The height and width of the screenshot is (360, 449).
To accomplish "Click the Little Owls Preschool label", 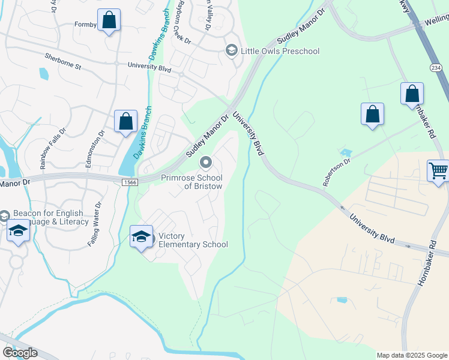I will pyautogui.click(x=280, y=51).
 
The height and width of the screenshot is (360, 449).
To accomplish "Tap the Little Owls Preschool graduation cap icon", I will pyautogui.click(x=231, y=51).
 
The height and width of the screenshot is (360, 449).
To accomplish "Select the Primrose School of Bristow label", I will pyautogui.click(x=191, y=182).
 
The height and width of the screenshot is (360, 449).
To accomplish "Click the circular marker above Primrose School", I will pyautogui.click(x=206, y=162).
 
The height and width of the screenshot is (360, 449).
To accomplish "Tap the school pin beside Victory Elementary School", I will pyautogui.click(x=141, y=236).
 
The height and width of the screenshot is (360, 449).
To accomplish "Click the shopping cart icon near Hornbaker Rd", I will pyautogui.click(x=438, y=170).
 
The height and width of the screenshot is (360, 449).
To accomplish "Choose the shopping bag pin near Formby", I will pyautogui.click(x=109, y=20).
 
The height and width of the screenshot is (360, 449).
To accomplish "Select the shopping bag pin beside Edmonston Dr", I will pyautogui.click(x=126, y=122).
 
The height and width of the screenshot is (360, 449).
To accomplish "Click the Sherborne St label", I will pyautogui.click(x=62, y=61).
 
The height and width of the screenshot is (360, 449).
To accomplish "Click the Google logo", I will pyautogui.click(x=19, y=353).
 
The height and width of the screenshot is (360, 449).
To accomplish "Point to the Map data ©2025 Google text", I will pyautogui.click(x=412, y=355).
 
